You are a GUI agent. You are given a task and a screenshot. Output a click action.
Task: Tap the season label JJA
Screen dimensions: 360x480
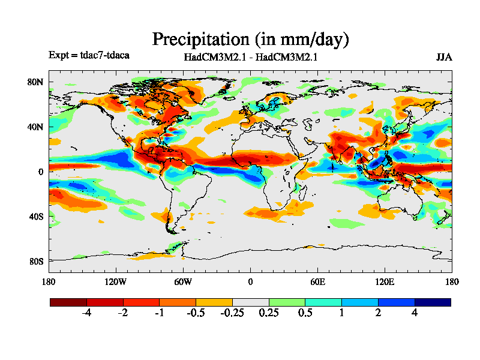pyautogui.click(x=444, y=57)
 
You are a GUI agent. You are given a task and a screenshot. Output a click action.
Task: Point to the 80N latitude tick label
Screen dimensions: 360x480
pyautogui.click(x=36, y=82)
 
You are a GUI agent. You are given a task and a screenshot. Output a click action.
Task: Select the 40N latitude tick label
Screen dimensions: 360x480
pyautogui.click(x=36, y=127)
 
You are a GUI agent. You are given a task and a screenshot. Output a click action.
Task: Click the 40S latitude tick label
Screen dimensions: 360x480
pyautogui.click(x=36, y=216)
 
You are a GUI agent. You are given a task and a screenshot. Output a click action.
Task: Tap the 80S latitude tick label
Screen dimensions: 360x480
pyautogui.click(x=36, y=261)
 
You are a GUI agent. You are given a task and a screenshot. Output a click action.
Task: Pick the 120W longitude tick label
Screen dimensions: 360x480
pyautogui.click(x=115, y=282)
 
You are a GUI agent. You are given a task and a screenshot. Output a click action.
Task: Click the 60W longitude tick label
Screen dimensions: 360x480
pyautogui.click(x=182, y=282)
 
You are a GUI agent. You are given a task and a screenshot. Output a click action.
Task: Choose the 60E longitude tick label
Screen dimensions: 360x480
pyautogui.click(x=317, y=282)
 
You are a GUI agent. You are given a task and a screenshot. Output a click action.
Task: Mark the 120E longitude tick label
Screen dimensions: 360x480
pyautogui.click(x=385, y=282)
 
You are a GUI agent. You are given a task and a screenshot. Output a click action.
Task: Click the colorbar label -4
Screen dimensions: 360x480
pyautogui.click(x=86, y=313)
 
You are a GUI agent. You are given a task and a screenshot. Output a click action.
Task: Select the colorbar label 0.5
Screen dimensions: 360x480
pyautogui.click(x=305, y=313)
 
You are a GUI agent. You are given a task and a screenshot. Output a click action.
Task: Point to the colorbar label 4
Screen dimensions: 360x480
pyautogui.click(x=415, y=313)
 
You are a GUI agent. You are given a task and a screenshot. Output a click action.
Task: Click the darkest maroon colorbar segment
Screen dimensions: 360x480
pyautogui.click(x=68, y=302)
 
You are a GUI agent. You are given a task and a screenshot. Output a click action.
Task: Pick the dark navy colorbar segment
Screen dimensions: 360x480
pyautogui.click(x=433, y=302)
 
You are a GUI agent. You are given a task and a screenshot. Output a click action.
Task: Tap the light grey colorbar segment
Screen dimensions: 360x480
pyautogui.click(x=250, y=302)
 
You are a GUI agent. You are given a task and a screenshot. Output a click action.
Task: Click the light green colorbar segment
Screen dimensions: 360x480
pyautogui.click(x=287, y=302)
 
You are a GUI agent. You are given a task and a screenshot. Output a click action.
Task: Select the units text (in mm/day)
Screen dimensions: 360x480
pyautogui.click(x=302, y=40)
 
